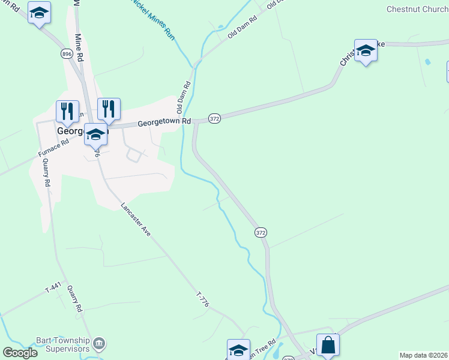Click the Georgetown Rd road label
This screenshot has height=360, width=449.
[x=164, y=122]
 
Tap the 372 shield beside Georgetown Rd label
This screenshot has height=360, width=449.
[x=215, y=119]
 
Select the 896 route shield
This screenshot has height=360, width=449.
[x=67, y=54]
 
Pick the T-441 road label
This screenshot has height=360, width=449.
[x=53, y=289]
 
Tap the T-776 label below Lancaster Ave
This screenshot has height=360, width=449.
[x=202, y=300]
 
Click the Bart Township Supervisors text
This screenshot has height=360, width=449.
[x=62, y=345]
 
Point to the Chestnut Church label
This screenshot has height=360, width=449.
[x=417, y=9]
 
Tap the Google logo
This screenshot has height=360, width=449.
[x=20, y=353]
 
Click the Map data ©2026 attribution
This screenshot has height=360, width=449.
[x=423, y=355]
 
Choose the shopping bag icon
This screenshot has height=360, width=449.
[x=328, y=346]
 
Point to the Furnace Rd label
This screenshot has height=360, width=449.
[x=53, y=146]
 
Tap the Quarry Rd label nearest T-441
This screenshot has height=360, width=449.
[x=74, y=298]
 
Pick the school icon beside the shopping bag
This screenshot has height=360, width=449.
[x=238, y=350]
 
